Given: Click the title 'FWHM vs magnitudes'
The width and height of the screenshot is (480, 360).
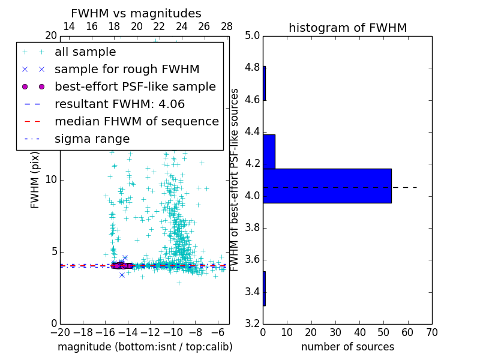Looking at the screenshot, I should (136, 13).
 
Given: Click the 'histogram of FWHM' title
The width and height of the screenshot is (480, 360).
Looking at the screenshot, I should (347, 28).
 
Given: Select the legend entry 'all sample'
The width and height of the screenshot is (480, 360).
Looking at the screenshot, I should (85, 52).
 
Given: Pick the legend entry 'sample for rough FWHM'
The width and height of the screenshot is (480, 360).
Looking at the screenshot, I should (127, 70).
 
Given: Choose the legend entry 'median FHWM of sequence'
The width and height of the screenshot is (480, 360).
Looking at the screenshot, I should (136, 122).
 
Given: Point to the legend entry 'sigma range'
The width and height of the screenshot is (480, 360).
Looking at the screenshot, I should (92, 139).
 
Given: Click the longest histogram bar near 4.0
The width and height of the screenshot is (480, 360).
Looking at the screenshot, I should (327, 186).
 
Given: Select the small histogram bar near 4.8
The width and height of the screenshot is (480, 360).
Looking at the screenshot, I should (264, 83).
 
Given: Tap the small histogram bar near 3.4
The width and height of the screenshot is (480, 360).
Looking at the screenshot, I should (264, 289).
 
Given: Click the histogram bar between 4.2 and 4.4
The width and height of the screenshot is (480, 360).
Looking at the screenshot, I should (269, 152).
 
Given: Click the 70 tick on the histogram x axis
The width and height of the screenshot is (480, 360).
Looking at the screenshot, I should (431, 332).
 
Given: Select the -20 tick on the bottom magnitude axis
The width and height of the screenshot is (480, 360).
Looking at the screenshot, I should (60, 332).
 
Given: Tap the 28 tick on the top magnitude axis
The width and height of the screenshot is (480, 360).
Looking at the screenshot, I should (227, 26).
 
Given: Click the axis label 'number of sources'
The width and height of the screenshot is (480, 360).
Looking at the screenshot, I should (347, 347).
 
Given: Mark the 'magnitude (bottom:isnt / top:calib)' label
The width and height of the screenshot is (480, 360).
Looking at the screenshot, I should (145, 347).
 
